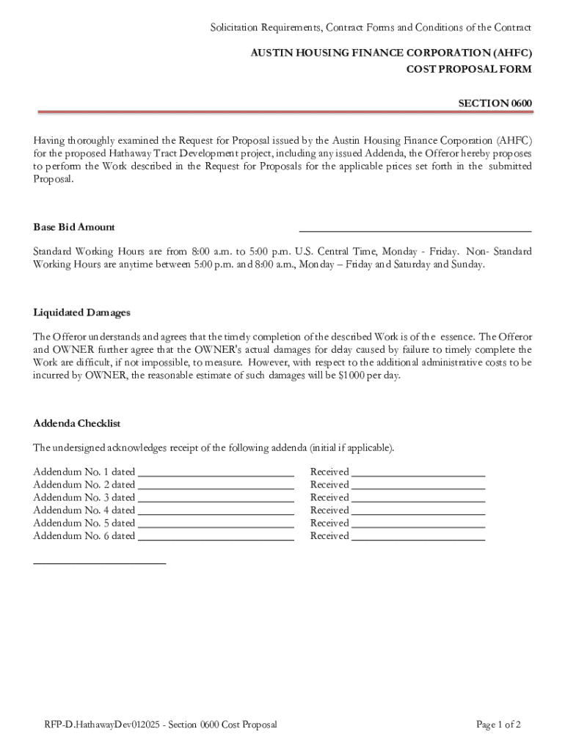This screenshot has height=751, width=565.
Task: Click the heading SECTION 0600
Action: click(495, 103)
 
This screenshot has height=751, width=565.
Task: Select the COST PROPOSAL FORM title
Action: click(469, 69)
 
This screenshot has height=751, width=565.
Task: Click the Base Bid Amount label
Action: click(74, 227)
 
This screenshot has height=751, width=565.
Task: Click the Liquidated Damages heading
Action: click(82, 312)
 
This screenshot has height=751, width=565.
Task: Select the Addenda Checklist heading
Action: click(77, 424)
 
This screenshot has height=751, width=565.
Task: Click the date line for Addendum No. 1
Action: click(216, 474)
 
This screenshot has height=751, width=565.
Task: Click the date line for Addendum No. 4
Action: click(216, 512)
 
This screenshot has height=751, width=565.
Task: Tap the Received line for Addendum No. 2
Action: click(418, 486)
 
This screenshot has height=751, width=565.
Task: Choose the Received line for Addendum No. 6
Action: click(418, 538)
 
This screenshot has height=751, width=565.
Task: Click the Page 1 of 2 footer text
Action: click(498, 725)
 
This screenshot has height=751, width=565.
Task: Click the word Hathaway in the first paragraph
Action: click(131, 153)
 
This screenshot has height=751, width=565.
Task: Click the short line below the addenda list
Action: click(100, 563)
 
